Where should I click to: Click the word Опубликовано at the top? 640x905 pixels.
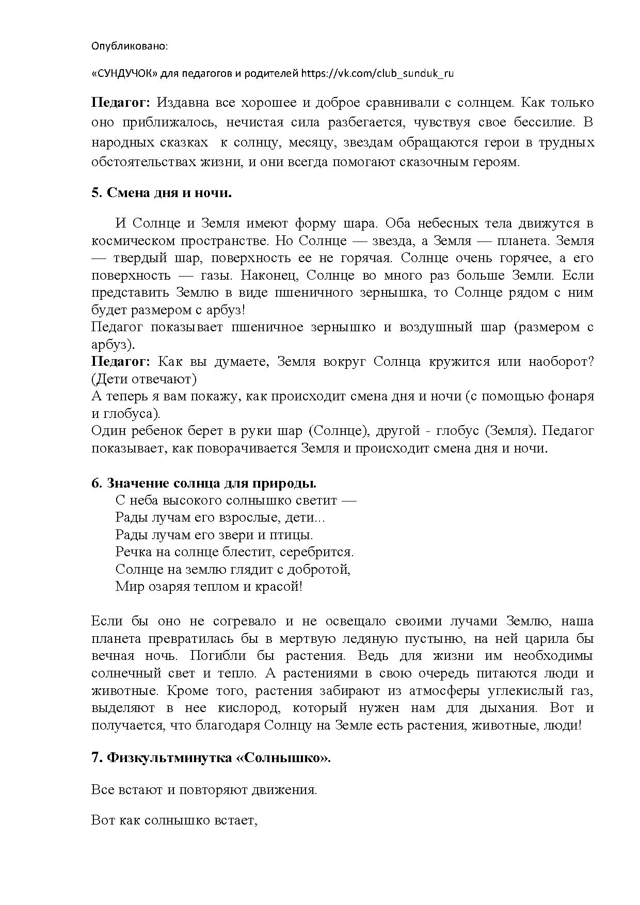(129, 46)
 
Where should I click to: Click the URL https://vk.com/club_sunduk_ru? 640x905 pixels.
(377, 73)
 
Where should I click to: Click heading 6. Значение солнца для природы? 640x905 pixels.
(203, 483)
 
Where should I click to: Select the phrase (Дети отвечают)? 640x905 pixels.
(144, 379)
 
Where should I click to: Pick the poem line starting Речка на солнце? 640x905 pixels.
(234, 552)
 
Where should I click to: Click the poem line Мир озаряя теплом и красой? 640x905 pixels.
(209, 587)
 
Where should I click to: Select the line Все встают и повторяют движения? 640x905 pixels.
(204, 790)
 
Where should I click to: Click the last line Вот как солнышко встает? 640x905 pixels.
(174, 820)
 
